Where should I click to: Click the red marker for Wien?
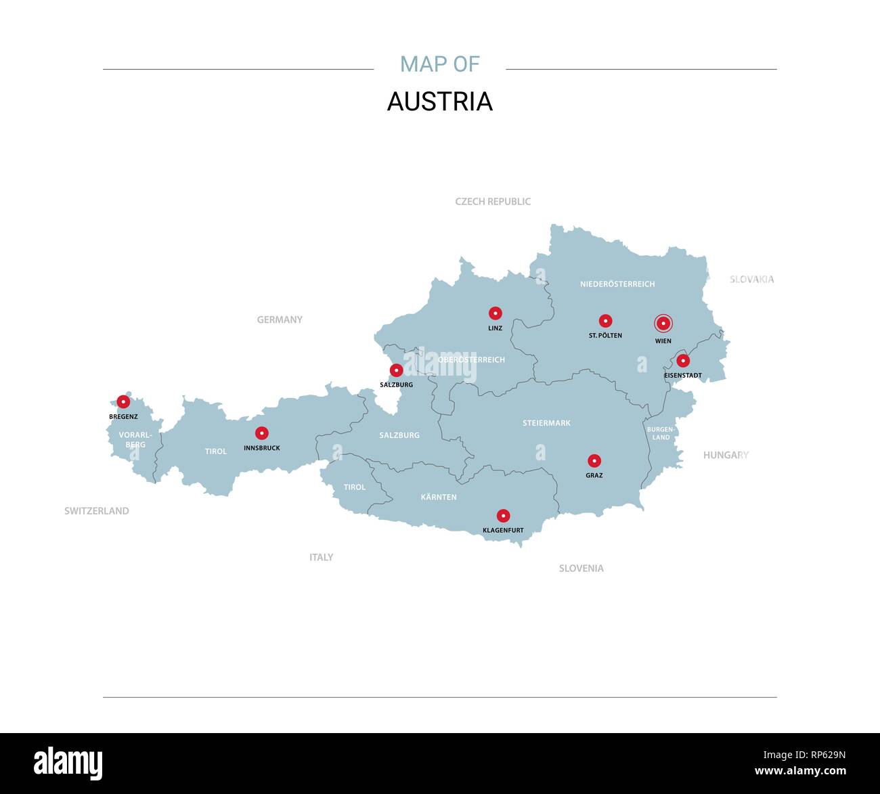pos(663,324)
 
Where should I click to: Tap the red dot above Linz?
pos(496,313)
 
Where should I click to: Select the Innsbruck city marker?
pos(262,433)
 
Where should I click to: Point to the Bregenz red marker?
pos(123,401)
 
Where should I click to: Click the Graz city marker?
pos(594,461)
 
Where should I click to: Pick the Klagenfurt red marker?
pos(503,516)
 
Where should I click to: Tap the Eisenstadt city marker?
pos(683,361)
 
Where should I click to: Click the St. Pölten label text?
pos(605,336)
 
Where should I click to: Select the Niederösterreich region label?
pos(617,284)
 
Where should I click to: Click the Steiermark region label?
pos(546,423)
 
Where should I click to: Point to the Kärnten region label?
pos(439,498)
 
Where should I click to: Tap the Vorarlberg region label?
pos(135,440)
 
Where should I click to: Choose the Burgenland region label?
pos(661,433)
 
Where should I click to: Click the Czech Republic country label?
pos(493,202)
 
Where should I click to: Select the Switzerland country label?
pos(96,511)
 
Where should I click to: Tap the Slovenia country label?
pos(581,569)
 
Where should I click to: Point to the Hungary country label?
pos(726,456)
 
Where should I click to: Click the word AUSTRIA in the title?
pos(440,102)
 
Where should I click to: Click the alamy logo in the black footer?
pos(68,763)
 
